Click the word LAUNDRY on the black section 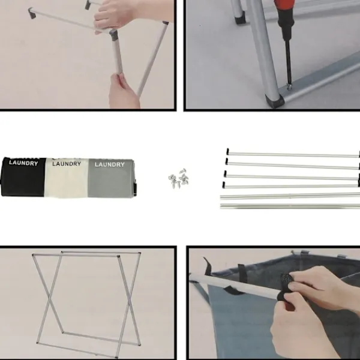(x=23, y=163)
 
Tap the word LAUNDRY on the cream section (x=67, y=164)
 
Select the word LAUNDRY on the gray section (x=110, y=164)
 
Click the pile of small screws (x=179, y=179)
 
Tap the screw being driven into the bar (x=290, y=87)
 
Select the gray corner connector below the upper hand (x=113, y=34)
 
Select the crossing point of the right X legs (x=129, y=299)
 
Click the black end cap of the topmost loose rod (x=227, y=151)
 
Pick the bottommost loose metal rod (x=290, y=206)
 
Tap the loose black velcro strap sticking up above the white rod (x=208, y=265)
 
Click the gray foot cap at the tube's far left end (x=32, y=13)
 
